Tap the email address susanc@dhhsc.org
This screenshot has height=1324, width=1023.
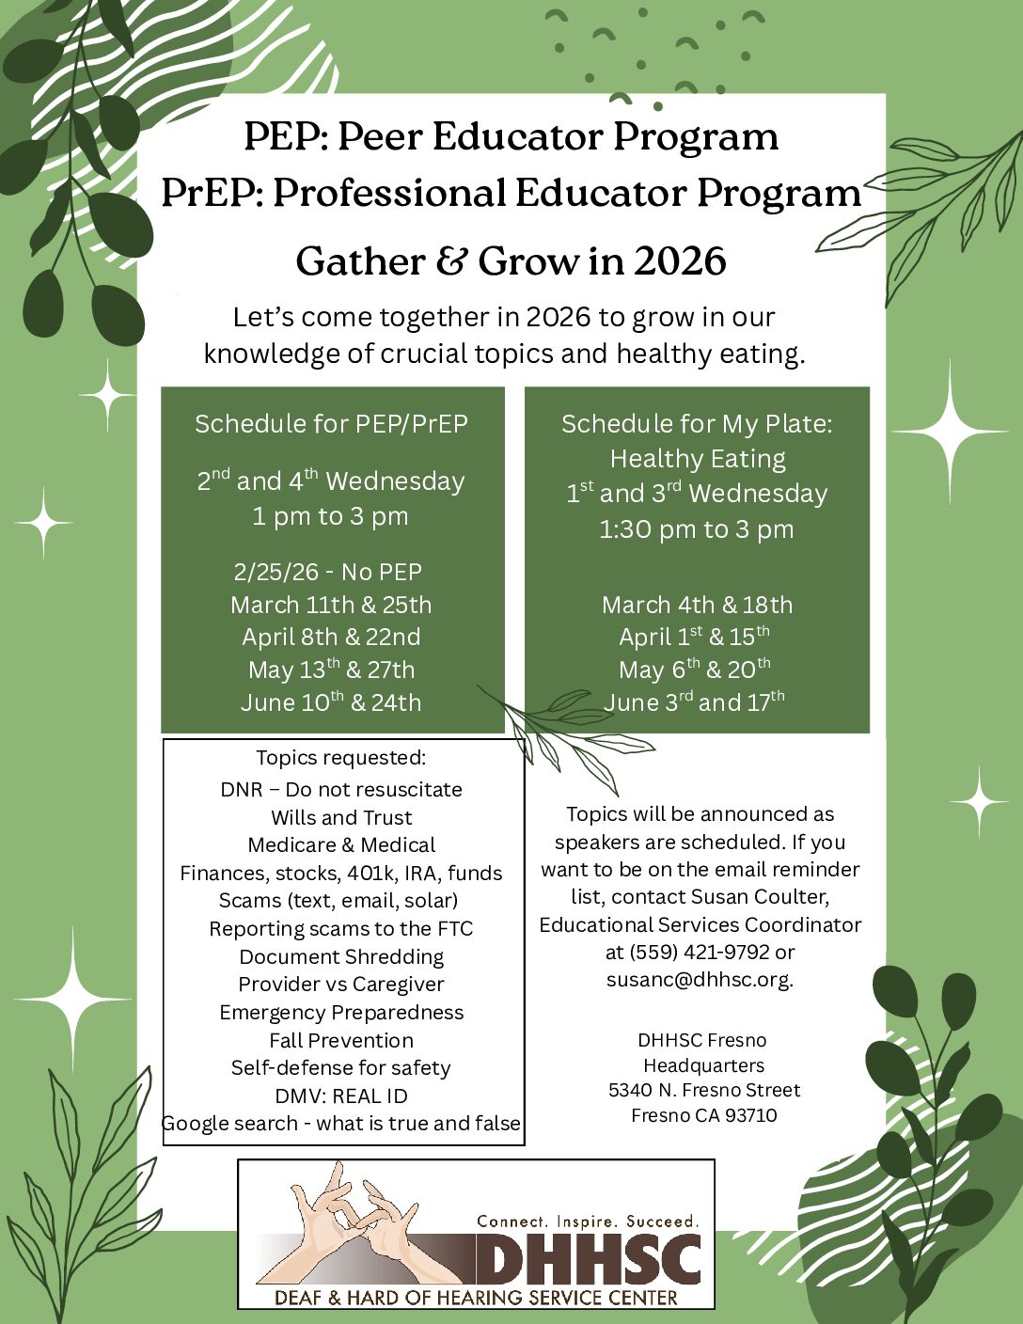click(x=700, y=979)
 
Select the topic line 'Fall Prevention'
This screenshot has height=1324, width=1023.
click(x=341, y=1040)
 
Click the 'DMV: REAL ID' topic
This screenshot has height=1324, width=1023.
click(x=341, y=1095)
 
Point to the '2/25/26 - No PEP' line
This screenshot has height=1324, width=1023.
click(x=328, y=572)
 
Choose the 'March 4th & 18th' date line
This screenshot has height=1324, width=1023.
click(x=697, y=605)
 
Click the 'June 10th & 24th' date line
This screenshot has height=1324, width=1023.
click(x=331, y=702)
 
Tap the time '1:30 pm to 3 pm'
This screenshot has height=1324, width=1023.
click(x=697, y=528)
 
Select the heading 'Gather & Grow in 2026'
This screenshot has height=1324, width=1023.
click(x=511, y=260)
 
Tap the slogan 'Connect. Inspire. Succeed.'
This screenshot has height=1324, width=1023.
click(x=589, y=1222)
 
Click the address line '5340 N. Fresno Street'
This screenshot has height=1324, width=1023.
click(x=704, y=1090)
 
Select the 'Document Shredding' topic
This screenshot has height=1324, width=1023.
click(x=341, y=956)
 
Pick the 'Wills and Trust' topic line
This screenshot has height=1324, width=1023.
click(x=341, y=817)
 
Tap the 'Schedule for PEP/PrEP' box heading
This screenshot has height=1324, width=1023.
click(x=331, y=424)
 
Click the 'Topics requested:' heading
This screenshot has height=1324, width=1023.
click(x=341, y=757)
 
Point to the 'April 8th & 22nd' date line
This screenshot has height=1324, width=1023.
click(x=331, y=637)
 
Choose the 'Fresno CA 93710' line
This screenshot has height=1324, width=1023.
click(x=704, y=1115)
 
